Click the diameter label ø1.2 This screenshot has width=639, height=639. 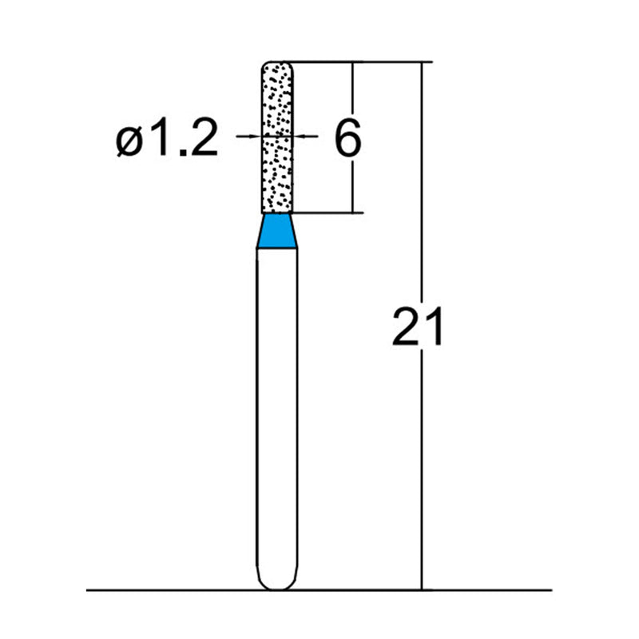(166, 141)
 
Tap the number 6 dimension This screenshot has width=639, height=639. (347, 139)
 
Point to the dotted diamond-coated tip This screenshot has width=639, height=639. (278, 136)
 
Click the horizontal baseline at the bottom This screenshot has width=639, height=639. (160, 590)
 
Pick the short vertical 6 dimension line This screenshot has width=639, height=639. (353, 96)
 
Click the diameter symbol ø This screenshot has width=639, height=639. (130, 141)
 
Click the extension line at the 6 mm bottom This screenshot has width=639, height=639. (327, 213)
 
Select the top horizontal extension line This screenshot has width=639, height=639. (359, 61)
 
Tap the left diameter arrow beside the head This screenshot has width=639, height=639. (249, 137)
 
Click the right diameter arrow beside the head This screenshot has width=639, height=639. (308, 137)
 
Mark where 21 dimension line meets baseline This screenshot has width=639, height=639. (420, 590)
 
